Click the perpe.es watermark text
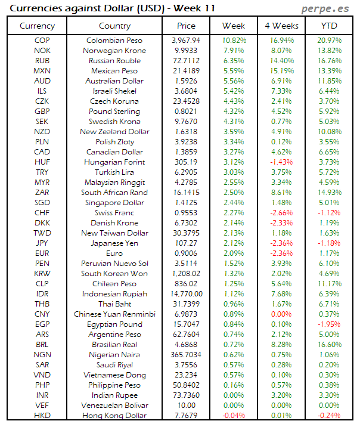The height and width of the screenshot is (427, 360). point(325,8)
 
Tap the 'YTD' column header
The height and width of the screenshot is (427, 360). point(328,26)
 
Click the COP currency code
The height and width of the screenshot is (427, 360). point(42,41)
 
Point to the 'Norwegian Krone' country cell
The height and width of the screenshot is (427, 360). point(114,51)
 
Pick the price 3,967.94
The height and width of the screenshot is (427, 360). point(186,41)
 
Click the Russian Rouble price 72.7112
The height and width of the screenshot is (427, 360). point(186,61)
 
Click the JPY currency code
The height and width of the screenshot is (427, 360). point(42,243)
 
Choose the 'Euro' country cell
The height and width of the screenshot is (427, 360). point(114,253)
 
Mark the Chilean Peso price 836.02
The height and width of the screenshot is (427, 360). point(186,284)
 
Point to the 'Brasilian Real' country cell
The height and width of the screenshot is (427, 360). point(114,345)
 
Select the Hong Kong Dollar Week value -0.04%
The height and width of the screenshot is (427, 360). point(233,416)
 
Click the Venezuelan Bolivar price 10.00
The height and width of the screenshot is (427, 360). point(186,406)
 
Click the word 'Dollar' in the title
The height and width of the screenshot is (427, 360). point(125,8)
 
